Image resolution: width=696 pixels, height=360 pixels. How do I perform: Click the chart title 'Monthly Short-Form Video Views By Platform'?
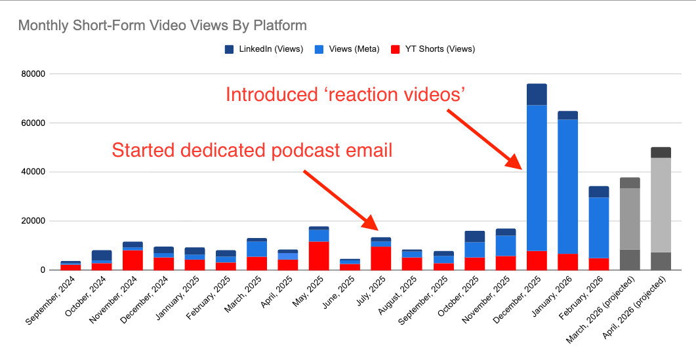coord(162,26)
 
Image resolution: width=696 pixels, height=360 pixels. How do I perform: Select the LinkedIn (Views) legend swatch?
coord(230,49)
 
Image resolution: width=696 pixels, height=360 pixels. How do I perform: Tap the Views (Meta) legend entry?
coord(354,49)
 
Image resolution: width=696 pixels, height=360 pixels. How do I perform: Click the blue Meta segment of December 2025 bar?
coord(536,177)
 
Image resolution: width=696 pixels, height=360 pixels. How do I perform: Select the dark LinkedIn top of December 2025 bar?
coord(536,94)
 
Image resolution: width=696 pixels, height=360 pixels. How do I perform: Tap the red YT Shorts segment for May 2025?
coord(319,256)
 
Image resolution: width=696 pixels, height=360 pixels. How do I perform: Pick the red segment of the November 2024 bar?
coord(133,260)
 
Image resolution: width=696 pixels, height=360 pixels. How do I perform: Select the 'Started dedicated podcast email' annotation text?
coord(252,150)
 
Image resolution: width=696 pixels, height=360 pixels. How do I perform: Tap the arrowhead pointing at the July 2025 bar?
coord(371,225)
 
